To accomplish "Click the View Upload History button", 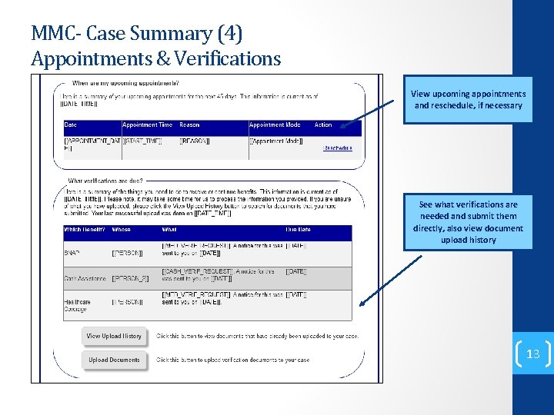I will click(114, 336).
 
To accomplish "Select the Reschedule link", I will click(338, 148).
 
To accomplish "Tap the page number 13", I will click(532, 354).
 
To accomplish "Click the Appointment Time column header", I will click(147, 125).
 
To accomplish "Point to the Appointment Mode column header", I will click(275, 125).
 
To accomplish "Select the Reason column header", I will click(189, 125).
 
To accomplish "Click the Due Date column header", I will click(299, 230).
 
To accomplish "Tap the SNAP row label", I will click(72, 252).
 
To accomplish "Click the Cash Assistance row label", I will click(84, 277).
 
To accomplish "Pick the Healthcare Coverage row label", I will click(77, 305).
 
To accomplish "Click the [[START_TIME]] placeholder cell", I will click(144, 141).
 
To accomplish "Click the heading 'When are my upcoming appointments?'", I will click(126, 83).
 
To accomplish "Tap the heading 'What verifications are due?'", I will click(105, 181).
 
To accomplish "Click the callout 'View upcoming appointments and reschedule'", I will click(468, 99).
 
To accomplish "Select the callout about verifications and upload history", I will click(468, 222).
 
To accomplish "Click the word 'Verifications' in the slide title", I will click(231, 58).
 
